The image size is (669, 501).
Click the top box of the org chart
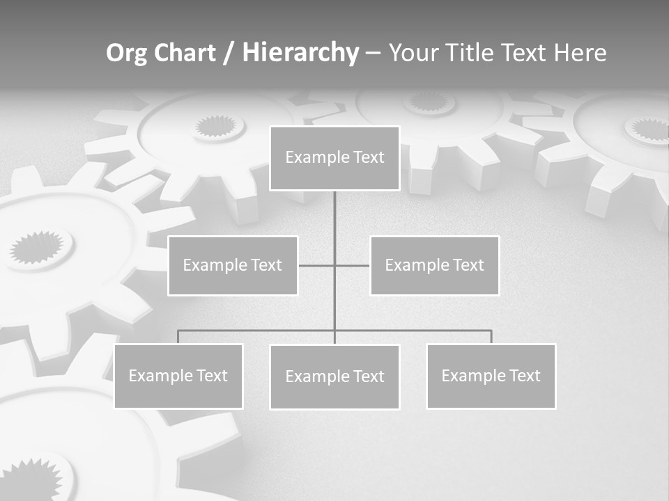334,158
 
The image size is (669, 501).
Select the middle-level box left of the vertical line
233,265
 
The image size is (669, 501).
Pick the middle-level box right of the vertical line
434,265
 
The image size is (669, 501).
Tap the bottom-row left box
178,376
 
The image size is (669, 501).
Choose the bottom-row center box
334,376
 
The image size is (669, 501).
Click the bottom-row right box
491,376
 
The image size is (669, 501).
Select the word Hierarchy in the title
300,53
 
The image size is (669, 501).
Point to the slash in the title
229,54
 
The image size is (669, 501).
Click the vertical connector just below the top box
334,209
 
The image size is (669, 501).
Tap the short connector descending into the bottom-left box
178,337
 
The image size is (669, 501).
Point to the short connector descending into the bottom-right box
491,337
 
